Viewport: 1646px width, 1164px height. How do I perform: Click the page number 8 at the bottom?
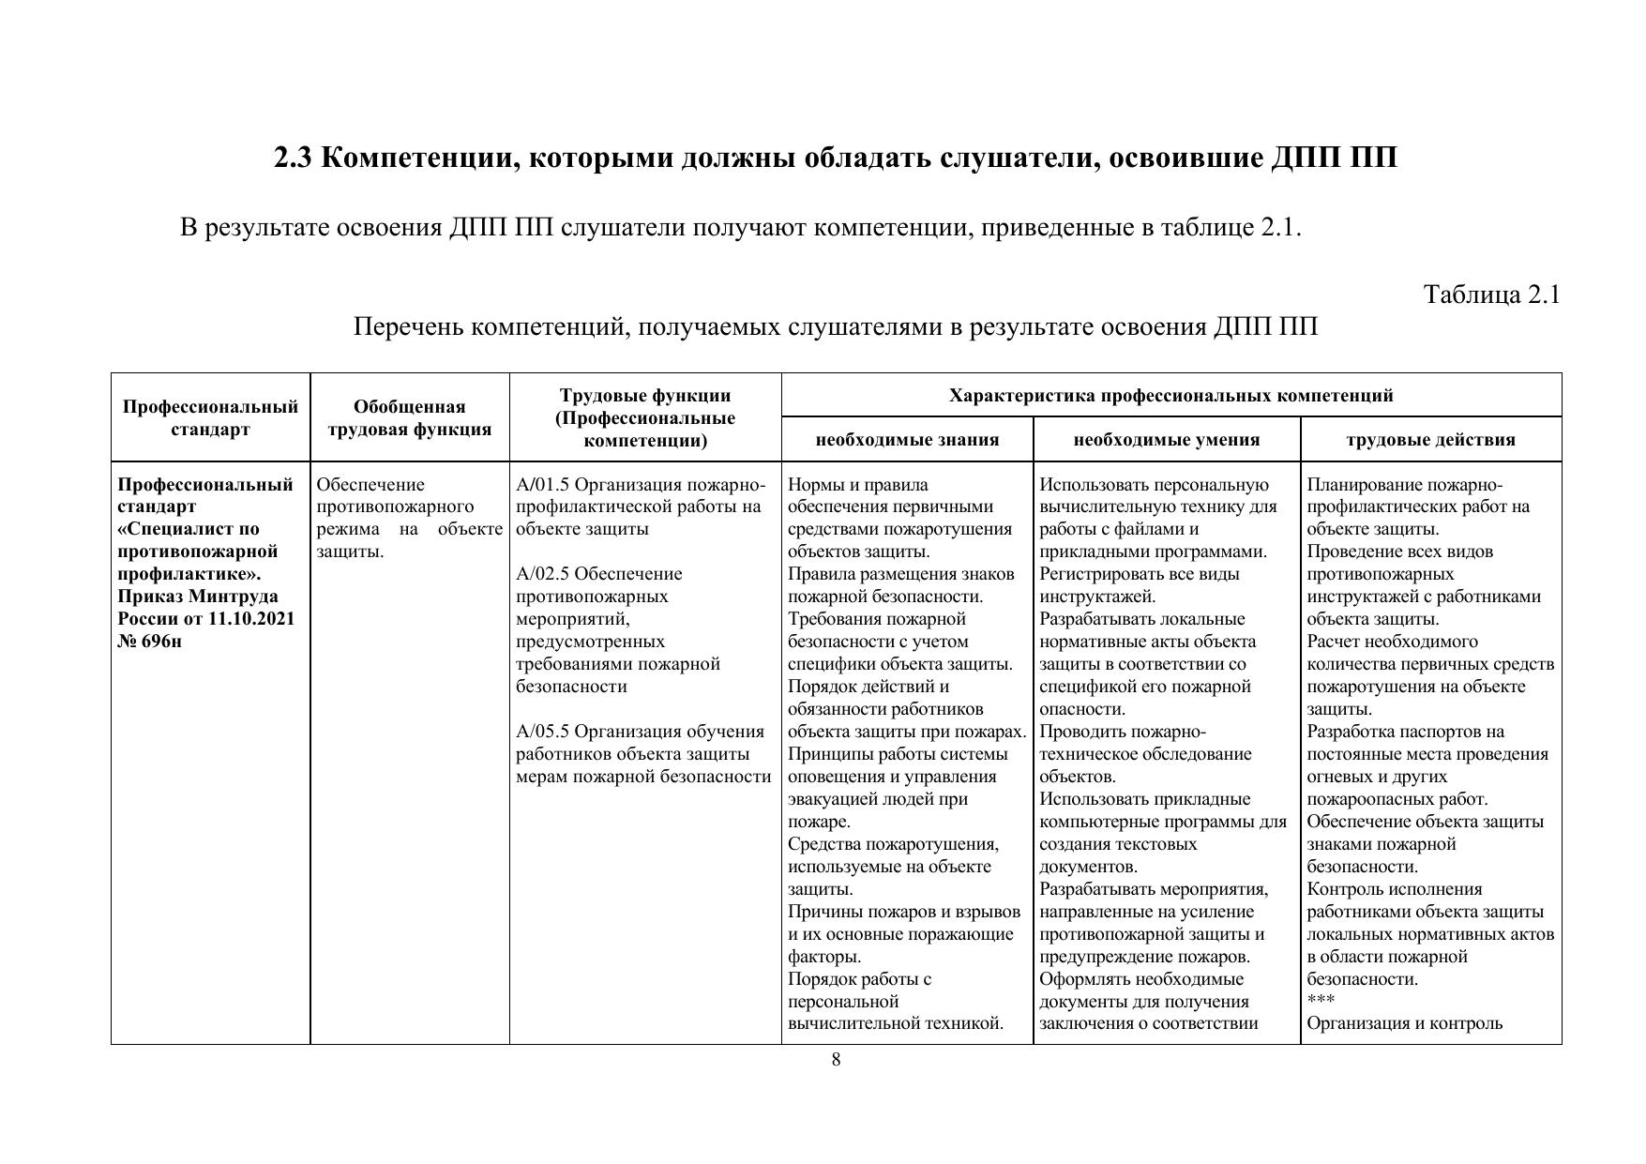point(836,1060)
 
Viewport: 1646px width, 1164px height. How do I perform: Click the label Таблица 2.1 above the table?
point(1491,295)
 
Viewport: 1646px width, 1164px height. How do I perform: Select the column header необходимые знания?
point(907,440)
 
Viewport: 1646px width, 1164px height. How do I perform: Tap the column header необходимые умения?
point(1166,440)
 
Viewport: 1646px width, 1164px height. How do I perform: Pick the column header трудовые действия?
point(1430,440)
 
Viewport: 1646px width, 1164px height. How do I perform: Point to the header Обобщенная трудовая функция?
point(409,418)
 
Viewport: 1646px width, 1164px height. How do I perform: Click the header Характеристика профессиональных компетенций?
point(1170,396)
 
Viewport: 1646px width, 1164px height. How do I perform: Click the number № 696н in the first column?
point(150,642)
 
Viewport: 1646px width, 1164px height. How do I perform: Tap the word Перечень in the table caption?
point(407,327)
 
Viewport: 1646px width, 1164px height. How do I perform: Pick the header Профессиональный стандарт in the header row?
point(210,418)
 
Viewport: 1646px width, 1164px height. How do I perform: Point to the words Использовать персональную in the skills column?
point(1154,485)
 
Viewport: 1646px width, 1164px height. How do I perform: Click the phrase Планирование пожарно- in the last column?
point(1404,485)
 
